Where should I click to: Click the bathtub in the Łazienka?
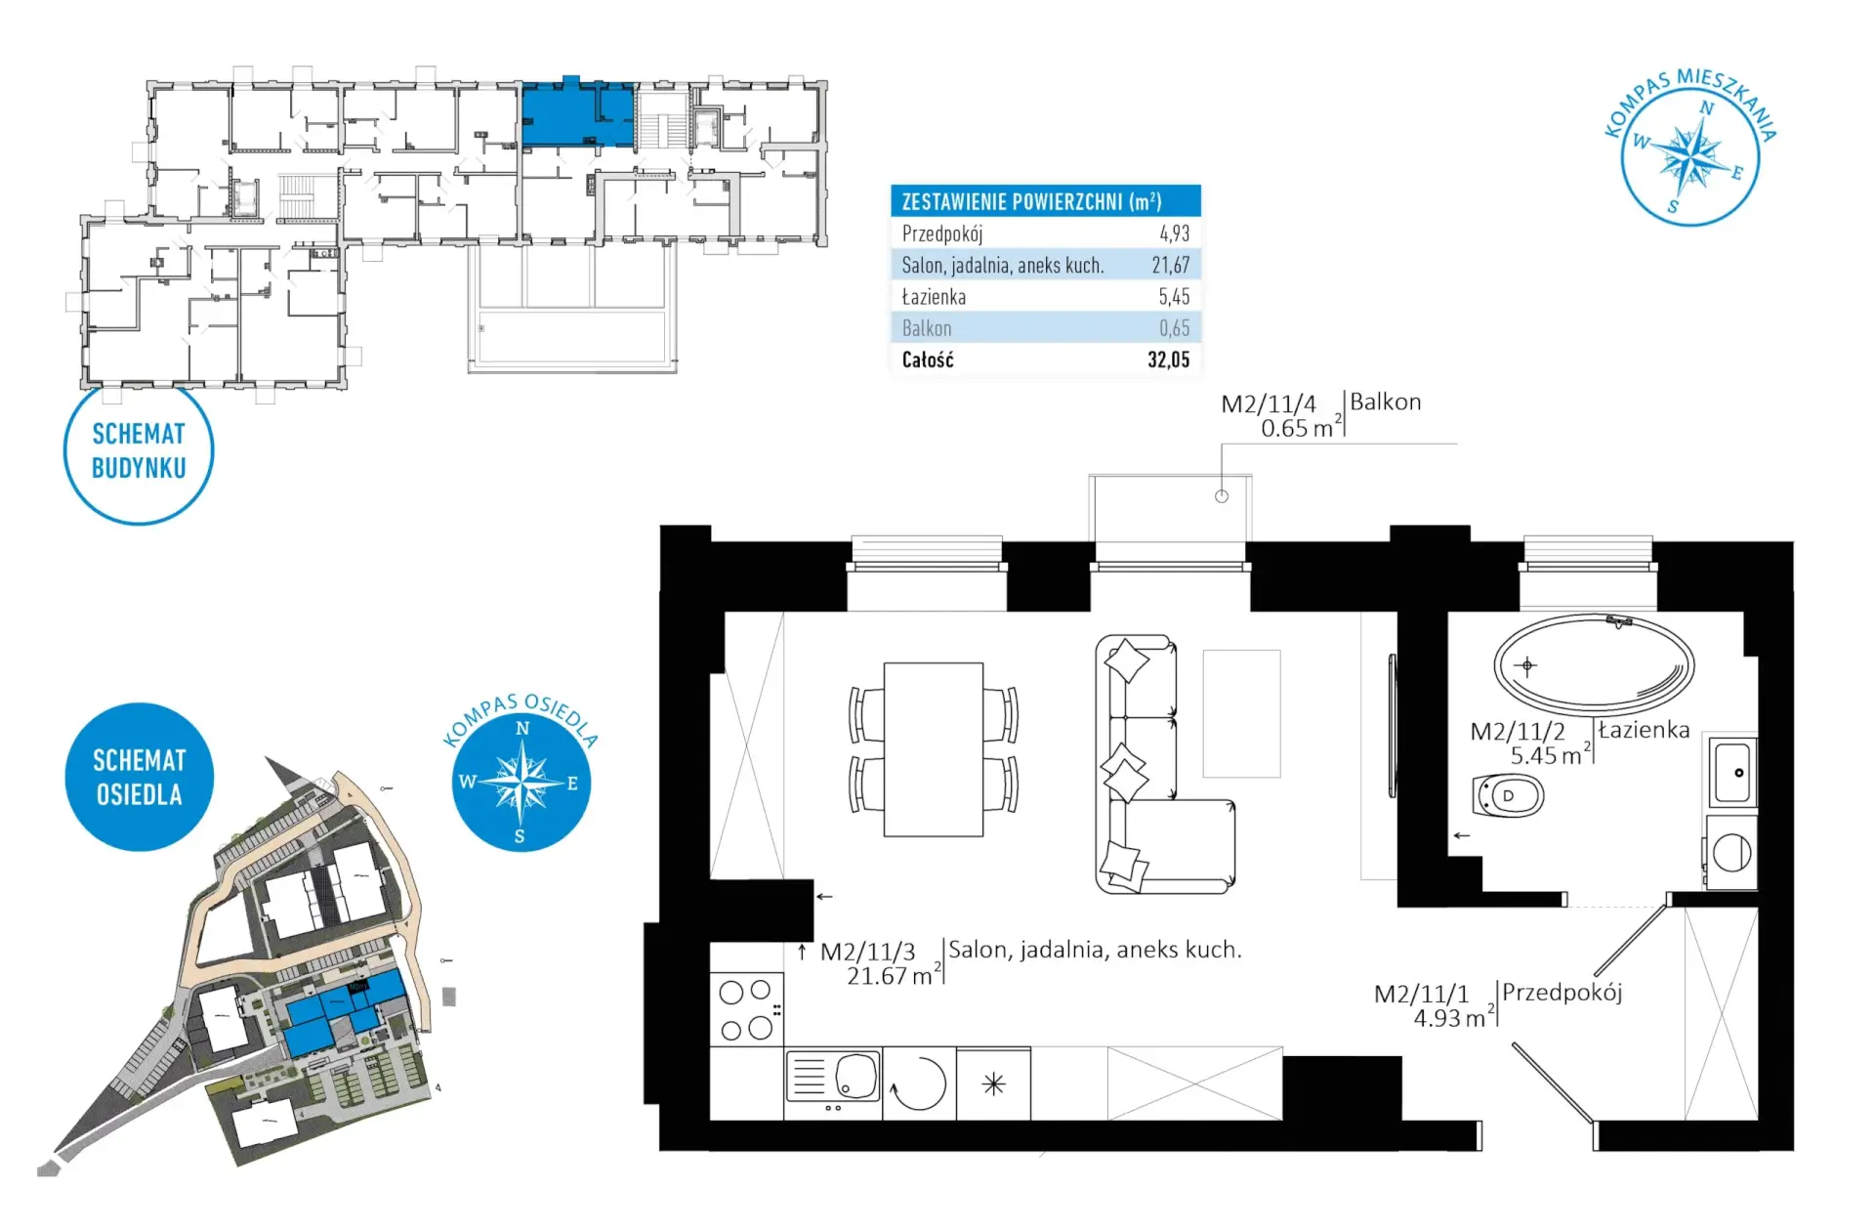click(1594, 662)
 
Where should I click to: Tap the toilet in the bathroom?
click(1508, 795)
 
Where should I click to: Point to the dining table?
click(934, 749)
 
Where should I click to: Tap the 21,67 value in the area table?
click(1170, 265)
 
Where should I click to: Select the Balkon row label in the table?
click(927, 328)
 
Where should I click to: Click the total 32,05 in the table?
click(1168, 360)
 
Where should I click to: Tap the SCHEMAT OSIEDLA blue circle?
click(139, 777)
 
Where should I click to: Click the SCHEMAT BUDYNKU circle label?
click(139, 450)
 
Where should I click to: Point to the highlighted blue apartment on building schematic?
click(578, 113)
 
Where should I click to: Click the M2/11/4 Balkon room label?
click(1321, 415)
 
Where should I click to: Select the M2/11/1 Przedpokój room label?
click(1498, 1004)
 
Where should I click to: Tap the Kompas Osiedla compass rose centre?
click(521, 783)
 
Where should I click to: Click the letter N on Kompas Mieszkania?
click(1707, 108)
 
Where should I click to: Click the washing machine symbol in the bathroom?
click(1731, 852)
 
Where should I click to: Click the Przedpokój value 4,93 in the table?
click(1174, 234)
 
